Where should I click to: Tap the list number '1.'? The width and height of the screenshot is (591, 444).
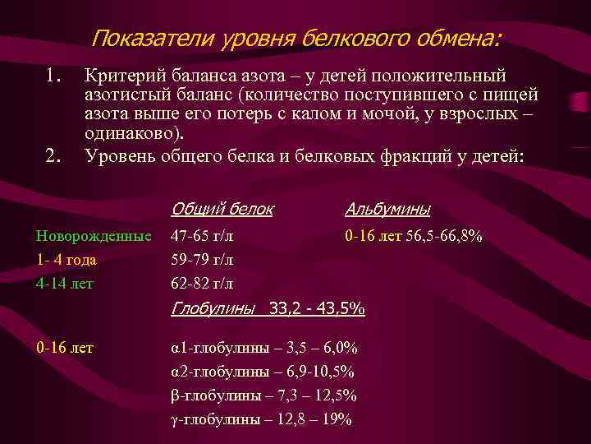54,76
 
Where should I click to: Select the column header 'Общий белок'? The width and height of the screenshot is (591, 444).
222,209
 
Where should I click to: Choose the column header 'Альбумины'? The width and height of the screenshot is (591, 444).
388,209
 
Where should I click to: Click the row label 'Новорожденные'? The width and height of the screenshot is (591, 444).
94,236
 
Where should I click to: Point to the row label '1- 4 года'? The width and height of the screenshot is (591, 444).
66,260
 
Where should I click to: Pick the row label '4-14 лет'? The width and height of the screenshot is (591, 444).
65,284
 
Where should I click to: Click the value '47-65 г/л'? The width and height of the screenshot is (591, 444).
201,236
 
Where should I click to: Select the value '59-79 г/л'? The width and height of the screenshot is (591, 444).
201,260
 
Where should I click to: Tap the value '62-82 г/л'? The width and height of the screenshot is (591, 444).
201,284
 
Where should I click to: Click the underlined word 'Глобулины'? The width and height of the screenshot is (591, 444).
214,310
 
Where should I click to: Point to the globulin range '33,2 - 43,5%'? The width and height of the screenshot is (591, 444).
317,310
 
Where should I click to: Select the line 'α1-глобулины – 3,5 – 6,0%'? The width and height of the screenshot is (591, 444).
263,348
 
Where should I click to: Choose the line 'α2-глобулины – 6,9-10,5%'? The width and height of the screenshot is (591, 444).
262,372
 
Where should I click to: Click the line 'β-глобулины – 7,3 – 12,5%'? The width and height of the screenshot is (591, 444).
263,395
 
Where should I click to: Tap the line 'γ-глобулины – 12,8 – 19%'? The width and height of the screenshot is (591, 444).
261,419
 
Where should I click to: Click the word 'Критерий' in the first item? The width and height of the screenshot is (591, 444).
120,76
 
